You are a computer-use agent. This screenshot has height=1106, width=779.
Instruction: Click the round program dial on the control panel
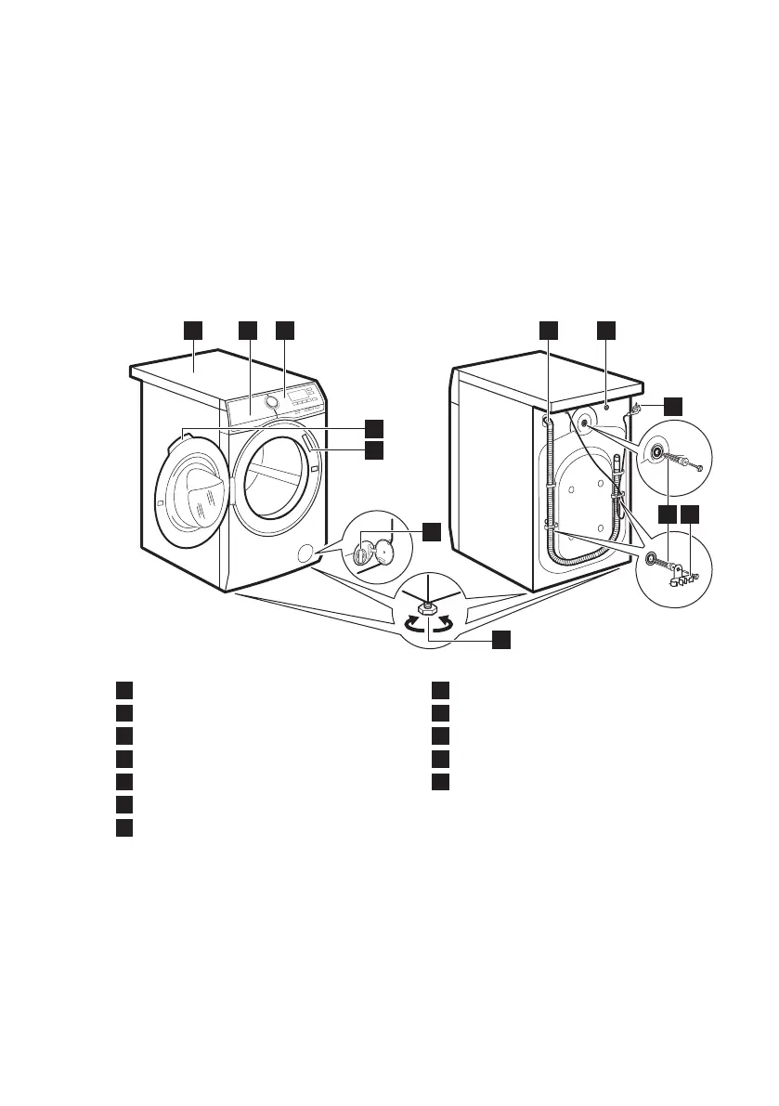(272, 401)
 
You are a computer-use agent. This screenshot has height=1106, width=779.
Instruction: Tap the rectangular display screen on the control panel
(299, 397)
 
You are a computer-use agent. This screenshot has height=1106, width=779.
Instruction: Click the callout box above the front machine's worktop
(193, 331)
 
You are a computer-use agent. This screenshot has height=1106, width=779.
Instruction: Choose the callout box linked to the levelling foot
(501, 639)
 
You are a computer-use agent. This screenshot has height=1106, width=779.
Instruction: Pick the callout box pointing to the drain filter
(431, 531)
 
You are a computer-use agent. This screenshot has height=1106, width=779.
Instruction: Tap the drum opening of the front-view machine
(275, 484)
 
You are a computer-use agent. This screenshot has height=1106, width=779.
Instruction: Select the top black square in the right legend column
(440, 690)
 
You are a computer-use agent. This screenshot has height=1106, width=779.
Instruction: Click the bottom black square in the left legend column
(123, 826)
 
